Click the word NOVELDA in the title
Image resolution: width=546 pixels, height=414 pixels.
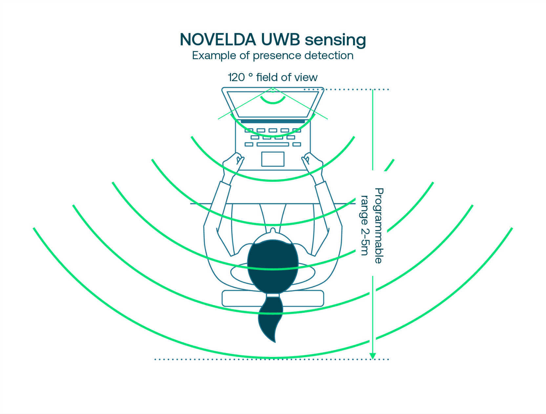[x=218, y=40]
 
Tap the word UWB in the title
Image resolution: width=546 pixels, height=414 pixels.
[x=281, y=40]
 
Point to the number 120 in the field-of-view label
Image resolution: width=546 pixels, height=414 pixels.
[x=236, y=78]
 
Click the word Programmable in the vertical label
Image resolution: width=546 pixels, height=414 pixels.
[x=379, y=226]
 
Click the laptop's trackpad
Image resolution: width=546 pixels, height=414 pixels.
[x=273, y=159]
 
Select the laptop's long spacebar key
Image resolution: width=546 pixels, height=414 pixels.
[x=273, y=144]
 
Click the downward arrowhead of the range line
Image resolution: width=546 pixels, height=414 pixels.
[x=372, y=356]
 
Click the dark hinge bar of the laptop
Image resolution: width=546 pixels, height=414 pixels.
[x=273, y=121]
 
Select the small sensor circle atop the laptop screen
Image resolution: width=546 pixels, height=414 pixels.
[x=273, y=90]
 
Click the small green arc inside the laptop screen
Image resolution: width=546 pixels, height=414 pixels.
[x=273, y=102]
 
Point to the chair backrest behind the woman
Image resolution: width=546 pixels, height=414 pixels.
[x=273, y=298]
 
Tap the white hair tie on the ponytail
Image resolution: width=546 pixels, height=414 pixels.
[x=273, y=295]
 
